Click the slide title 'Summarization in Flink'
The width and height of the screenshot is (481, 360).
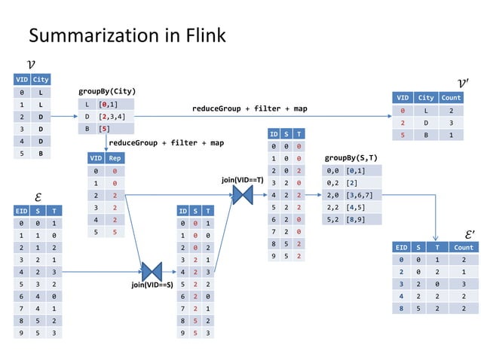click(x=127, y=35)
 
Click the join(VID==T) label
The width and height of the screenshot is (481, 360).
click(x=242, y=180)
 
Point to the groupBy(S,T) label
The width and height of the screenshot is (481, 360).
click(x=351, y=158)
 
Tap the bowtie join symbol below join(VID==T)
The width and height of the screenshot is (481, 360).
click(x=242, y=195)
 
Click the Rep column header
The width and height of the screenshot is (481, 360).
click(x=115, y=158)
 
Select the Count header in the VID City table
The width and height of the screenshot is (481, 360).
click(x=451, y=97)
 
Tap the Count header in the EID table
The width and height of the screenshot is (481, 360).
click(x=464, y=247)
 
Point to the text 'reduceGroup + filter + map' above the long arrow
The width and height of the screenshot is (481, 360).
click(x=250, y=109)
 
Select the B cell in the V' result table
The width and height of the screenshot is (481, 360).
click(x=427, y=135)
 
